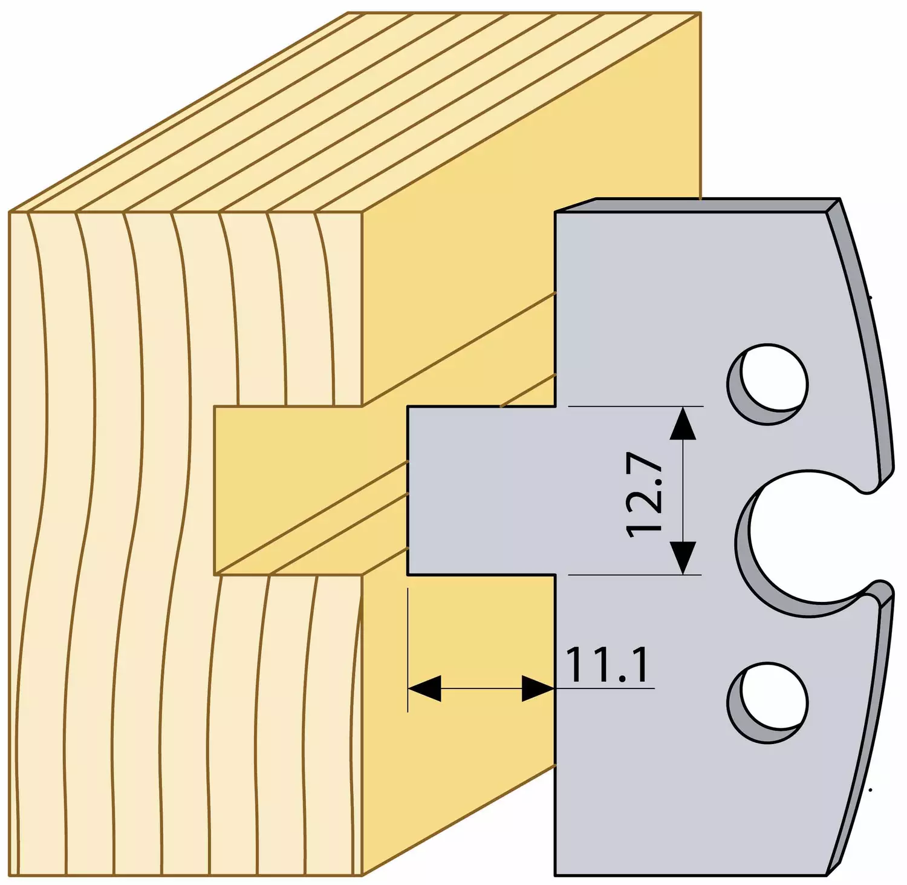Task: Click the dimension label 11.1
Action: click(x=607, y=665)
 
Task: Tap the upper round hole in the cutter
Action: click(x=768, y=385)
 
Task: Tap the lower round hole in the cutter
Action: click(x=768, y=703)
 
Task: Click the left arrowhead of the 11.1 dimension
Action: click(x=424, y=688)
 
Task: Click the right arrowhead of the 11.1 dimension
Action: click(x=538, y=688)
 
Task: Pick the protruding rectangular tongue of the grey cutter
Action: click(x=481, y=490)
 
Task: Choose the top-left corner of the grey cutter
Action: click(x=556, y=212)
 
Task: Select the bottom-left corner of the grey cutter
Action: click(x=556, y=875)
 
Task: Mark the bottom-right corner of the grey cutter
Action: click(x=827, y=875)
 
